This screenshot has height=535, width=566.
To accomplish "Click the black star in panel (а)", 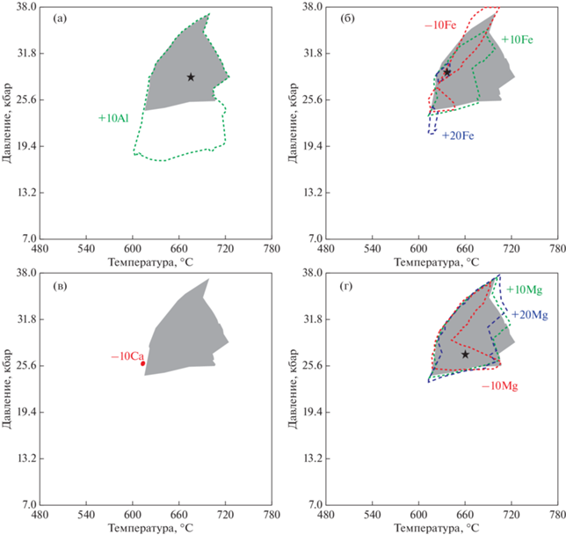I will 191,77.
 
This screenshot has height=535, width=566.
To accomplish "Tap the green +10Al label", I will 114,117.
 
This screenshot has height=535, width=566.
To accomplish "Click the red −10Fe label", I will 439,26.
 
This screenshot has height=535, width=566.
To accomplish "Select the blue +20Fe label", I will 458,136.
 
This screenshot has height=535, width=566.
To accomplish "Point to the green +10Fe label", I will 518,40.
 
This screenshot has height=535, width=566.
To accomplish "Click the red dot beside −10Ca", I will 142,363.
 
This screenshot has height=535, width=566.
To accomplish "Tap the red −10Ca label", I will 125,356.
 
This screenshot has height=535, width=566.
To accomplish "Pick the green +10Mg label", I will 525,289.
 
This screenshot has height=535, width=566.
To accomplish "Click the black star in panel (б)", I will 446,72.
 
